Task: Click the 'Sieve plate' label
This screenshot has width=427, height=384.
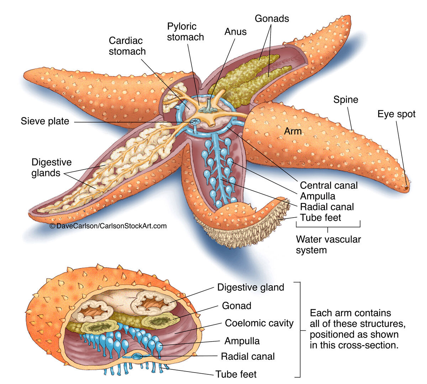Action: pos(45,121)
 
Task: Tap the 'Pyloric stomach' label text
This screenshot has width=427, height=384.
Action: pos(185,32)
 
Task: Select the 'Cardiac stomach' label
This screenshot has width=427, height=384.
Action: pos(127,46)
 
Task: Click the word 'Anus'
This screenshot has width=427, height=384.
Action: pos(235,32)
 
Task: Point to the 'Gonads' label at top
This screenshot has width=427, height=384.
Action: pos(272,19)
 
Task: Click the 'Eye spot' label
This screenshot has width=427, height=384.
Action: pos(396,114)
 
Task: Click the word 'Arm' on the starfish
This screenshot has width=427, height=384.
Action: pos(292,131)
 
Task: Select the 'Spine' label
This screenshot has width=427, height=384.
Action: pos(346,99)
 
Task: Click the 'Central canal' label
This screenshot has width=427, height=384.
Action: pos(328,185)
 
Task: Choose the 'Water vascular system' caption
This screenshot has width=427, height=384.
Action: pos(328,244)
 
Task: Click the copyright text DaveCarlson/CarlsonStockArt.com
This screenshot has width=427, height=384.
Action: pos(108,226)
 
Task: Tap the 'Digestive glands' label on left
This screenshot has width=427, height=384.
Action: pos(51,167)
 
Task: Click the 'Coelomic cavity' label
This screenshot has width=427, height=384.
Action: pos(259,323)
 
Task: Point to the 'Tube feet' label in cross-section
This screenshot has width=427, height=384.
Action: pos(236,374)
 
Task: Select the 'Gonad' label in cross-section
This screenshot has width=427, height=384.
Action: pos(236,306)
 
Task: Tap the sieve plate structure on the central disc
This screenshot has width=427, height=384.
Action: pos(195,122)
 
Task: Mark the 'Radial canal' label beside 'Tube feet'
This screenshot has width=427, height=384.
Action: pos(327,207)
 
